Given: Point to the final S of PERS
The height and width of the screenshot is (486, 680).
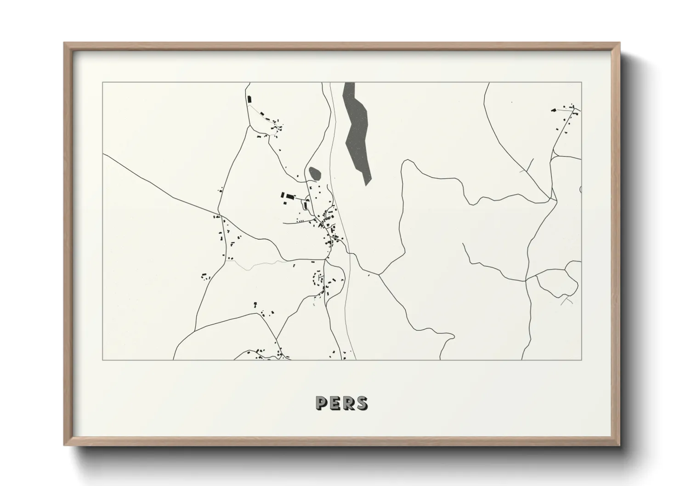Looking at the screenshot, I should point(363,403).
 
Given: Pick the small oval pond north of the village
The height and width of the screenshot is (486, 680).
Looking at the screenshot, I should point(315,173).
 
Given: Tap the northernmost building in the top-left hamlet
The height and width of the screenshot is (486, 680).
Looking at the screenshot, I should point(250,99).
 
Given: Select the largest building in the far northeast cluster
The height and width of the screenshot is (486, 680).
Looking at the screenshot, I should point(554,110).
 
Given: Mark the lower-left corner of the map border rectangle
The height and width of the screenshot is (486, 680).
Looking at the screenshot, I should point(103,360).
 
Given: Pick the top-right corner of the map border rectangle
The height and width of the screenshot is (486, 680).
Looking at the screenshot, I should point(581,83).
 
